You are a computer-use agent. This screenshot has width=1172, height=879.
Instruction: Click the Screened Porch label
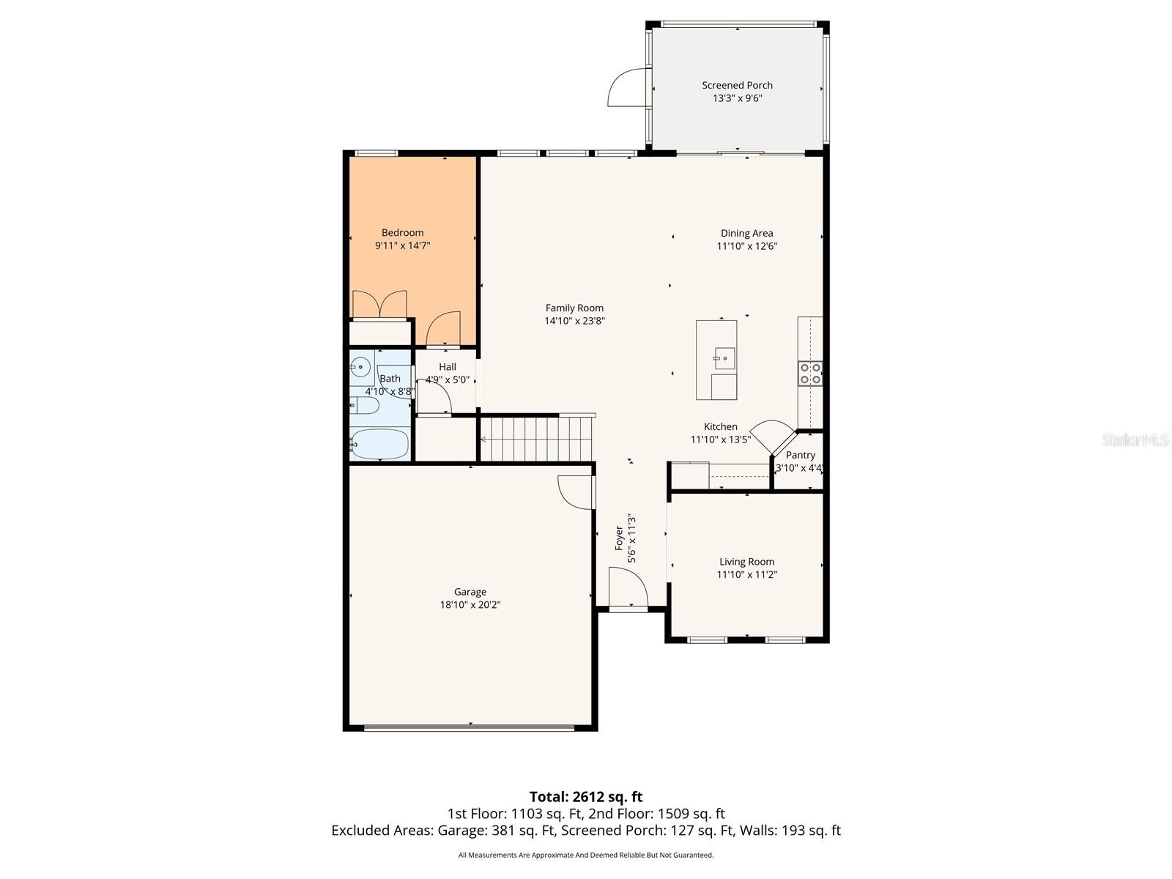[x=737, y=85]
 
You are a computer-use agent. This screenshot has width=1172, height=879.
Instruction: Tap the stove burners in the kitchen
[x=810, y=374]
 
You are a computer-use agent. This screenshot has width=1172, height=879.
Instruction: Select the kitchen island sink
[x=724, y=358]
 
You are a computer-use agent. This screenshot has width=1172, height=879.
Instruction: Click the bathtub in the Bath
[x=379, y=444]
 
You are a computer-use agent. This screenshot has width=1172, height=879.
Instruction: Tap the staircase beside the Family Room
[x=538, y=438]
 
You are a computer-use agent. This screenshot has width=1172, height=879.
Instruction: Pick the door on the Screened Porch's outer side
[x=628, y=88]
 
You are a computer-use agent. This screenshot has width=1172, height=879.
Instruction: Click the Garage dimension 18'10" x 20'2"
[x=470, y=605]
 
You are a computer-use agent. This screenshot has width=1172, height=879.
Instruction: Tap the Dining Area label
[x=746, y=234]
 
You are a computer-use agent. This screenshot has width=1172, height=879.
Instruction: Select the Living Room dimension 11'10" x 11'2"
[x=746, y=575]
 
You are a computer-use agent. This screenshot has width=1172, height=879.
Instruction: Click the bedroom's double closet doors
[x=379, y=304]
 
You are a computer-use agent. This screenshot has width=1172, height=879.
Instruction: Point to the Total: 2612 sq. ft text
[x=586, y=796]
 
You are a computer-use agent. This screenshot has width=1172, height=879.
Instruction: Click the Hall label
[x=447, y=367]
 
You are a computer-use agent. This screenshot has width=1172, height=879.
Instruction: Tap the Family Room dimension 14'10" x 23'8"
[x=574, y=321]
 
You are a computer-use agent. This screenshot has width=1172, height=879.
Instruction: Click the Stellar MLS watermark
[x=1135, y=439]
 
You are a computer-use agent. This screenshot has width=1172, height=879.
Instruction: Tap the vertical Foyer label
[x=619, y=538]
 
